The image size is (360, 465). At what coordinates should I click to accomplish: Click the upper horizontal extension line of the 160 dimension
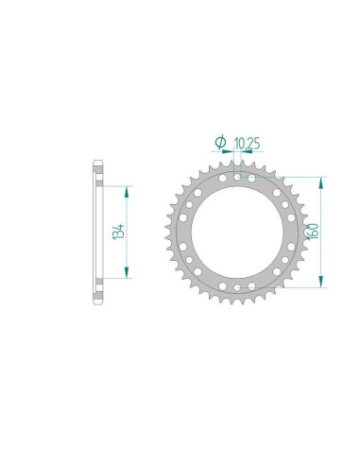(283, 177)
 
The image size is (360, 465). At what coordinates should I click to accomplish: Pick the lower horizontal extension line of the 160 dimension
(283, 285)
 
